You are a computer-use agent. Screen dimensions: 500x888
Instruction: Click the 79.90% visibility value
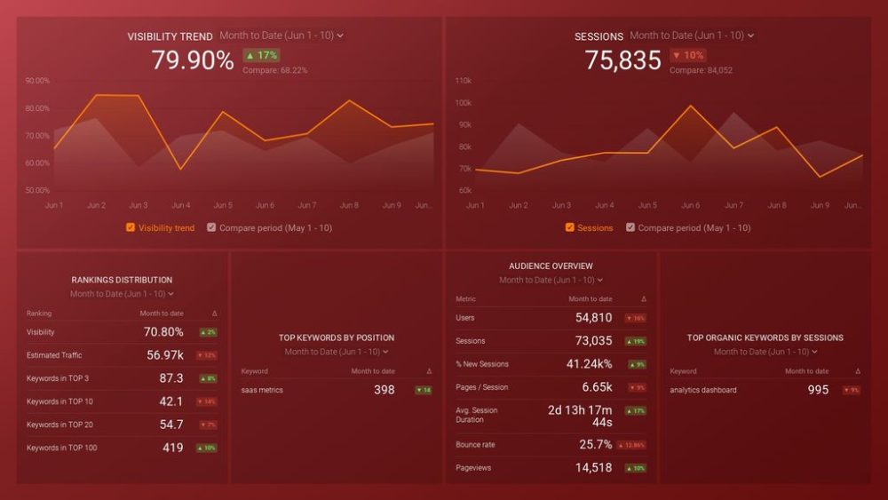coord(192,60)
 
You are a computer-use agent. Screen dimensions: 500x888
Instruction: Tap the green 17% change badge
coord(261,55)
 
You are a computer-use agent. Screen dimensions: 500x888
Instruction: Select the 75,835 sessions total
coord(622,60)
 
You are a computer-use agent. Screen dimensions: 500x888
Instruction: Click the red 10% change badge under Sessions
coord(688,55)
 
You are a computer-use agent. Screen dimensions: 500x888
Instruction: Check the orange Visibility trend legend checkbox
coord(131,227)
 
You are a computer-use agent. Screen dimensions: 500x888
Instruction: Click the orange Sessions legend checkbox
coord(569,227)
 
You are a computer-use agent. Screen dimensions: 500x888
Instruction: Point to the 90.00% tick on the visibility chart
coord(37,81)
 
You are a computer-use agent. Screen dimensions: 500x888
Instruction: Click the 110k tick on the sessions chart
coord(463,81)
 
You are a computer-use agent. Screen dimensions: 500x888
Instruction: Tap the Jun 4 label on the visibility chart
coord(180,205)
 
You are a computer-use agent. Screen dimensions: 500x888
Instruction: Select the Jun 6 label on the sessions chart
coord(691,205)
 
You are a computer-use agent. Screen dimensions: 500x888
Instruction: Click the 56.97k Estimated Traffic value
coord(165,355)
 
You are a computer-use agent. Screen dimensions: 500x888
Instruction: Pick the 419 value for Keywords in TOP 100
coord(173,448)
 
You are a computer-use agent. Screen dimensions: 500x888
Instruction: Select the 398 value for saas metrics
coord(385,390)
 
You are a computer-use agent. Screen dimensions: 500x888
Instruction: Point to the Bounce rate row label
coord(476,445)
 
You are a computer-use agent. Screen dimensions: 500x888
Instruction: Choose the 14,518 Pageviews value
coord(594,468)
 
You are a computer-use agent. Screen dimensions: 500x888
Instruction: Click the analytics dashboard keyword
coord(703,390)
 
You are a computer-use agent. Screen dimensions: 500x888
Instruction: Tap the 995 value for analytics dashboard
coord(819,390)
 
